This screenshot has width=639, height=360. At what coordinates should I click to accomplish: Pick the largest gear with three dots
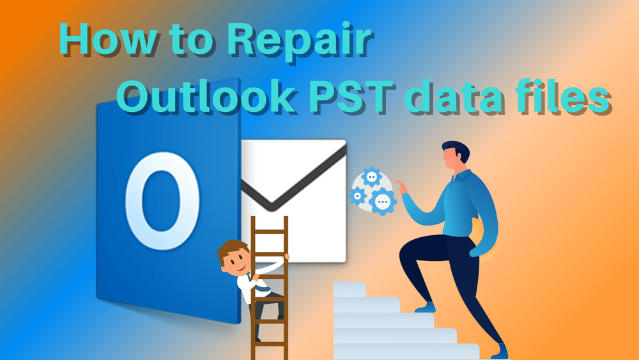point(382,201)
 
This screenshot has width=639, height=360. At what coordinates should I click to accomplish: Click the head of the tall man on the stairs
point(454,157)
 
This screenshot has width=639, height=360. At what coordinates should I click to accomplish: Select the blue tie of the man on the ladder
point(246,281)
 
